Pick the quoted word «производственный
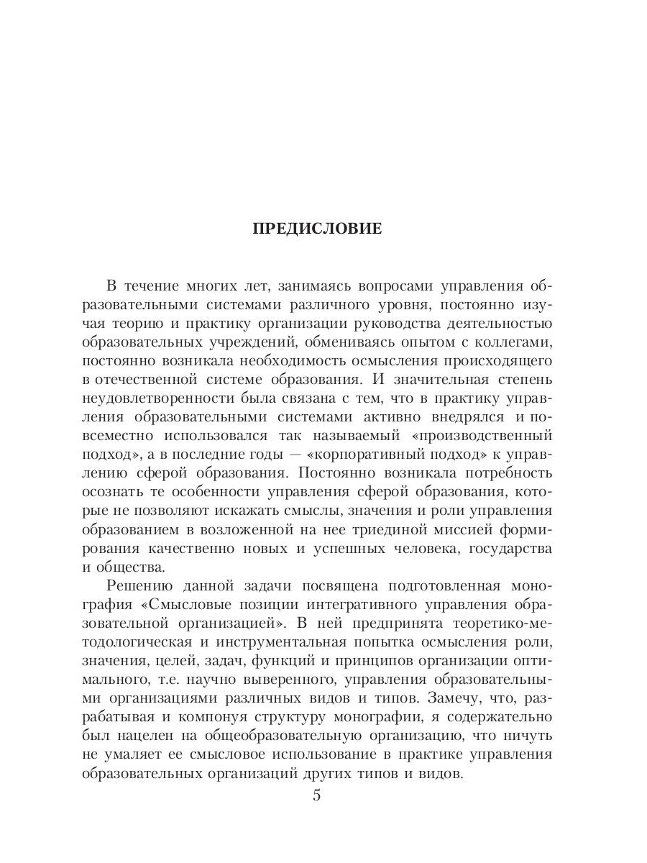click(x=481, y=435)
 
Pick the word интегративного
click(x=364, y=604)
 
